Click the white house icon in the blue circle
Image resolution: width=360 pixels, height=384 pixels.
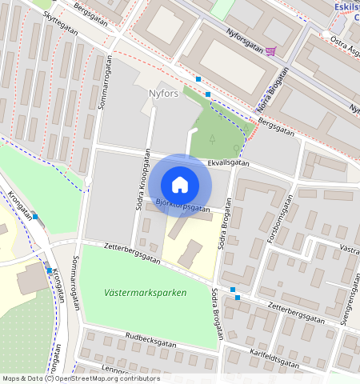(x=180, y=185)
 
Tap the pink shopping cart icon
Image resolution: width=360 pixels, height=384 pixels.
(x=272, y=51)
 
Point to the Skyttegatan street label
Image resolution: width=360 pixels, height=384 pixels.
(x=61, y=26)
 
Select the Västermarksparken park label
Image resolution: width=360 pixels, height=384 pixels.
(x=145, y=293)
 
